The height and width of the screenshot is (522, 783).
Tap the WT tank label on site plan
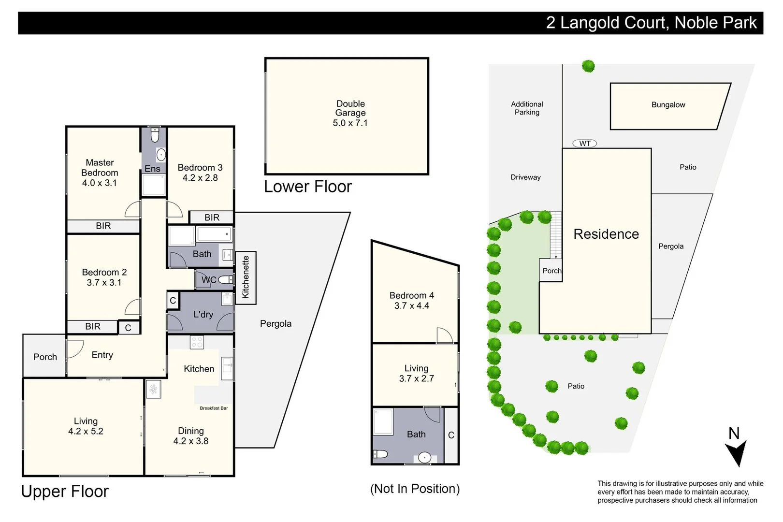(x=584, y=144)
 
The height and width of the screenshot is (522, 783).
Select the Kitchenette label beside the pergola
(x=246, y=277)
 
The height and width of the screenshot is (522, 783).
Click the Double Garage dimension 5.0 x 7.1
(x=350, y=123)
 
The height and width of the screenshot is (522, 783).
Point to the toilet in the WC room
(x=225, y=280)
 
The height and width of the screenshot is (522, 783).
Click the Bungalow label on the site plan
(x=668, y=105)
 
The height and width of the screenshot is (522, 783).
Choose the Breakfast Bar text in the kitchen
(x=214, y=408)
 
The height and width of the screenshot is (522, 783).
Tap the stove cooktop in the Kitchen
(x=197, y=342)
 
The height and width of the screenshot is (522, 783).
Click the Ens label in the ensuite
(x=152, y=169)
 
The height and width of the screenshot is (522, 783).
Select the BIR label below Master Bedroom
(x=103, y=226)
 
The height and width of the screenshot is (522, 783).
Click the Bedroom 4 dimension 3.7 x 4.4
(x=411, y=306)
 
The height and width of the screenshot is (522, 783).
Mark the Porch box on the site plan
(x=551, y=271)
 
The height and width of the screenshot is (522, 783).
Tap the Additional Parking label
(x=527, y=108)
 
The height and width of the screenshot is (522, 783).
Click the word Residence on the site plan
(x=606, y=234)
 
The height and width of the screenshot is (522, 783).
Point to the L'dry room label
(x=203, y=315)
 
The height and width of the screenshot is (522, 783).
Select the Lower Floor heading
(x=308, y=187)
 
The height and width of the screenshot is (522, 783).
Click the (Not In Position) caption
(x=415, y=489)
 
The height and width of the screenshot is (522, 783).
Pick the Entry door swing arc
(x=75, y=349)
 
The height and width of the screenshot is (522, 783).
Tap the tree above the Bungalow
(x=588, y=66)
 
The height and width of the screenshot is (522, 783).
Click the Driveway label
(x=525, y=177)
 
